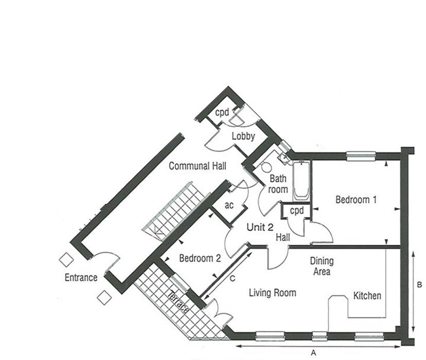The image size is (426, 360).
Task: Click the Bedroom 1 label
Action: click(x=356, y=200)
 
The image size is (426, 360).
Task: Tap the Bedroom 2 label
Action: click(x=200, y=259)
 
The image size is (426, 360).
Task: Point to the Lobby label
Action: click(x=243, y=136)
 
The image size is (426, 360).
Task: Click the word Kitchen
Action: click(x=367, y=296)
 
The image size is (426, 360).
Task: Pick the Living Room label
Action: click(x=273, y=293)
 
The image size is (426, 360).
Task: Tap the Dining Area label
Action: click(x=322, y=266)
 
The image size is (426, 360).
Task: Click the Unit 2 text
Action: click(x=260, y=227)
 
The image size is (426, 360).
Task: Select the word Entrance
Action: click(x=81, y=278)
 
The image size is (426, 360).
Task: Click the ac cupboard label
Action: click(x=229, y=205)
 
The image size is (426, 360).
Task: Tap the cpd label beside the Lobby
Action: click(x=222, y=112)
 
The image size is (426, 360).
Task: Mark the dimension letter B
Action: click(x=419, y=284)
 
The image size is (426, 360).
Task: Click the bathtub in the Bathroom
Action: click(x=301, y=182)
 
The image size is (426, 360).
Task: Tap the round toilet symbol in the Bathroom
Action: click(x=267, y=168)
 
